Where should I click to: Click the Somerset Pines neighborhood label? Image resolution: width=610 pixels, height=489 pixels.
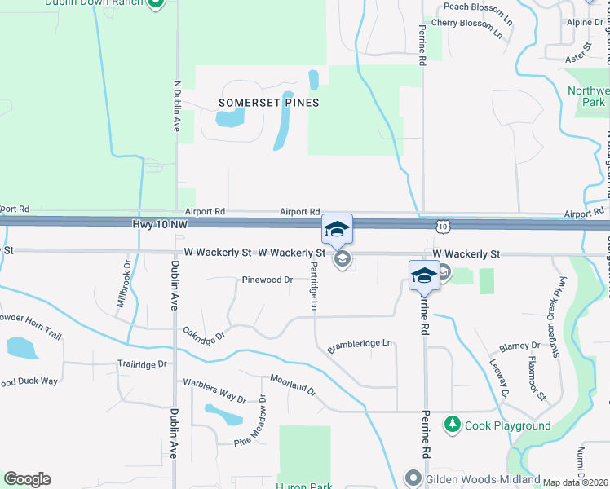click(x=268, y=103)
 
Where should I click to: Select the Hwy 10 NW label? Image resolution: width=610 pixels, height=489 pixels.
click(x=158, y=223)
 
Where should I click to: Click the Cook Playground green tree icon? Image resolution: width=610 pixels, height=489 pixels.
click(x=452, y=425)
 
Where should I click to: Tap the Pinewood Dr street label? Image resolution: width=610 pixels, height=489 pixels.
click(x=267, y=280)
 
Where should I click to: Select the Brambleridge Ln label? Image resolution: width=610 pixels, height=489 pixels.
click(x=360, y=346)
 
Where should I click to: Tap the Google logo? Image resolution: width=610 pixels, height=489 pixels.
click(x=27, y=478)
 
